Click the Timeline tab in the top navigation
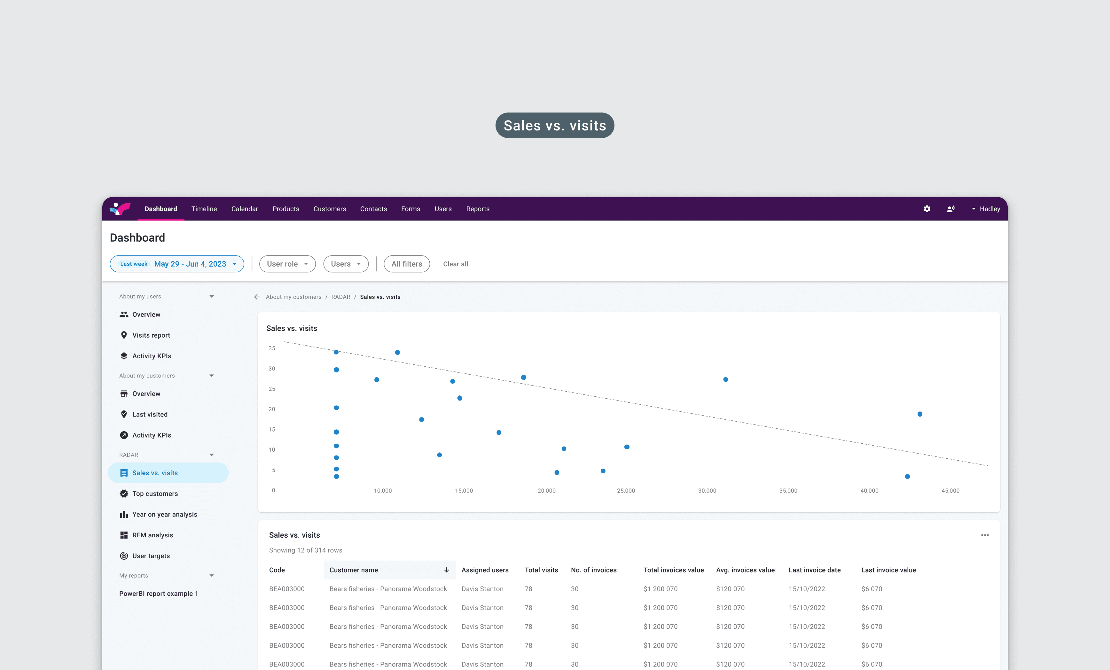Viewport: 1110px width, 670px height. point(204,209)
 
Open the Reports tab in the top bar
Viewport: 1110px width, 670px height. point(478,209)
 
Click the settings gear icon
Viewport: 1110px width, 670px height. point(926,209)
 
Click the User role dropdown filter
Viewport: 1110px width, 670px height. point(287,264)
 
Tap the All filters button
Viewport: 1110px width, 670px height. point(407,264)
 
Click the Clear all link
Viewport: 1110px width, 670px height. point(456,264)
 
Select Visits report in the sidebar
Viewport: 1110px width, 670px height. point(151,335)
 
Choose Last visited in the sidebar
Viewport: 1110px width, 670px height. point(150,415)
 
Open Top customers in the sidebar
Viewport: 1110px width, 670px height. point(155,494)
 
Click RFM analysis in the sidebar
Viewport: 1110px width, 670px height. point(152,535)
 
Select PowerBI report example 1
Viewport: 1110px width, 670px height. point(159,594)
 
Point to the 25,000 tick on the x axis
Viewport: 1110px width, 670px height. point(626,491)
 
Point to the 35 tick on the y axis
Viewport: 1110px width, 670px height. point(272,348)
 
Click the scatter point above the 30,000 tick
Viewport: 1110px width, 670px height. point(725,379)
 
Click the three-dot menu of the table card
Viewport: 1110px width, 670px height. point(985,535)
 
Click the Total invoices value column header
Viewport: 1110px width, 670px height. point(674,570)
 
